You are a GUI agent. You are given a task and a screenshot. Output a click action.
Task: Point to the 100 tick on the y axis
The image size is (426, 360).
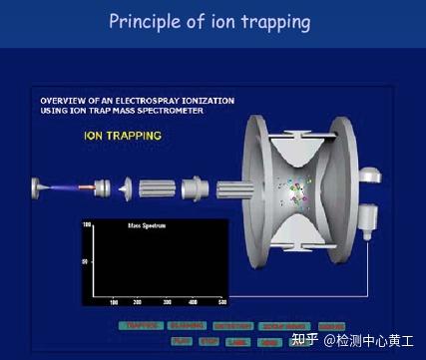87,225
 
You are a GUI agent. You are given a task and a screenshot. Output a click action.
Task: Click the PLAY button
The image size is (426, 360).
182,342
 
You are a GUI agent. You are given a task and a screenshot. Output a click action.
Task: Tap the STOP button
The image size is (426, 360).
210,342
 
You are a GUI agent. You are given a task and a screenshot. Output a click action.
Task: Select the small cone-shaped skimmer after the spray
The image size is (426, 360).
125,187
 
